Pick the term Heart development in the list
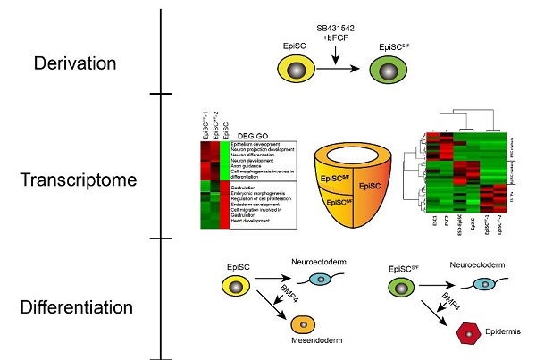point(253,223)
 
